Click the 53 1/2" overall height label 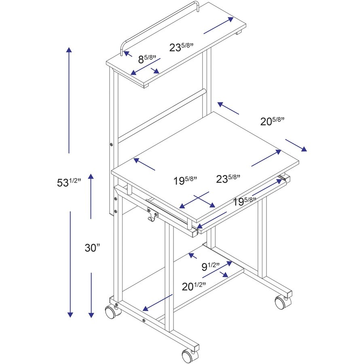(69, 182)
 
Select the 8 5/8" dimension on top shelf (148, 59)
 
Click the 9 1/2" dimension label (210, 267)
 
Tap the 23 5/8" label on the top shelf (181, 47)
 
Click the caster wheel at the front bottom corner (187, 356)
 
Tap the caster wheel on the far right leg (283, 302)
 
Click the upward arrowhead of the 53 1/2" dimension (69, 50)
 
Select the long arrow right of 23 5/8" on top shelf (219, 25)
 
